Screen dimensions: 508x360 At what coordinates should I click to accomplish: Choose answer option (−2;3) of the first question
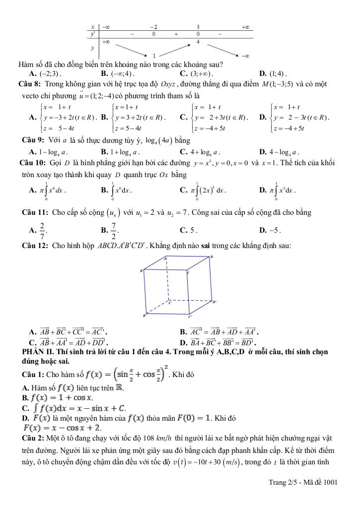(x=50, y=74)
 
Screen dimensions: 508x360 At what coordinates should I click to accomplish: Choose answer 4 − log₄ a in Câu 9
(x=284, y=152)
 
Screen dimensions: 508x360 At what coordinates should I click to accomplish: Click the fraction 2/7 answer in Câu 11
(x=42, y=229)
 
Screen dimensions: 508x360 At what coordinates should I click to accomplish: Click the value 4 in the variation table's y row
(x=198, y=42)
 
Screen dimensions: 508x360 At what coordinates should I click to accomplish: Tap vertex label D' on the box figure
(x=214, y=302)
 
